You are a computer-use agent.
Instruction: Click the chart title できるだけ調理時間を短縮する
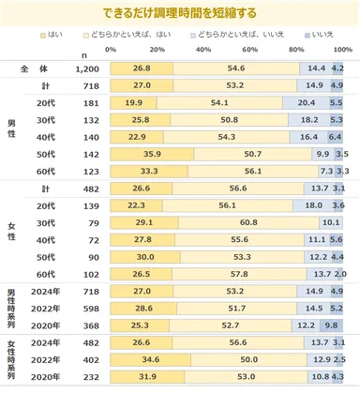pos(180,11)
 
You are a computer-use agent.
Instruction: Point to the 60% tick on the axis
pos(251,49)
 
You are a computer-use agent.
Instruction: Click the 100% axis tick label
pos(341,49)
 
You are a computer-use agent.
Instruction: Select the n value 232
pos(87,377)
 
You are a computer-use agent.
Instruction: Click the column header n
pos(87,53)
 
